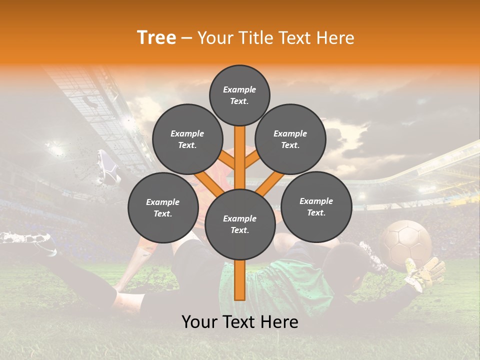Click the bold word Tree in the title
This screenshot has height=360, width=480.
pyautogui.click(x=156, y=37)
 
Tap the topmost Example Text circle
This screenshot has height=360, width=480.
pyautogui.click(x=239, y=95)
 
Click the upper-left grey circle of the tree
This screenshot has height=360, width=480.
pyautogui.click(x=187, y=139)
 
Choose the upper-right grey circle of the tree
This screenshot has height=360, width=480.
pyautogui.click(x=290, y=139)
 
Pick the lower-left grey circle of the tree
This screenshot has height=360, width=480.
pyautogui.click(x=163, y=207)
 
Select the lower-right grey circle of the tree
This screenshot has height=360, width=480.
pyautogui.click(x=316, y=206)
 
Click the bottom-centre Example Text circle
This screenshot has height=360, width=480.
pyautogui.click(x=240, y=224)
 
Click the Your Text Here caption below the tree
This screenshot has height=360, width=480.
pyautogui.click(x=240, y=322)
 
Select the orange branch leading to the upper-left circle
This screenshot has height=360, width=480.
pyautogui.click(x=227, y=161)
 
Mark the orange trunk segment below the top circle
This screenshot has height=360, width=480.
pyautogui.click(x=240, y=150)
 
